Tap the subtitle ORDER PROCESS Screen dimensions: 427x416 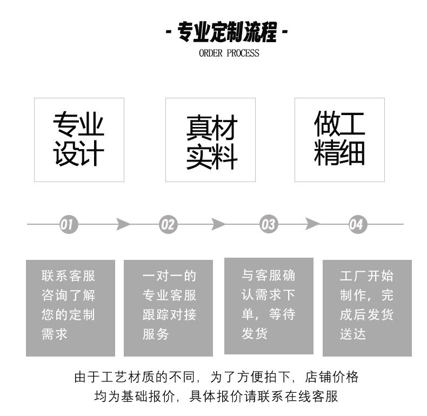(229, 53)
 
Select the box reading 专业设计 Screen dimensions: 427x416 (79, 139)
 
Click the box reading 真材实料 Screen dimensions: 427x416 (211, 139)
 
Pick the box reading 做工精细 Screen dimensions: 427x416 (339, 139)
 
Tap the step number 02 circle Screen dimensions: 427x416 (168, 224)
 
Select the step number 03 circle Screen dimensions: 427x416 (268, 224)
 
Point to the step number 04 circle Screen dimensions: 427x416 (356, 224)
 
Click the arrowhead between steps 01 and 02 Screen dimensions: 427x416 (123, 224)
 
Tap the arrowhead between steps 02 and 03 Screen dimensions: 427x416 (218, 224)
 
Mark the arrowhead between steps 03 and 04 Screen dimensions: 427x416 (312, 224)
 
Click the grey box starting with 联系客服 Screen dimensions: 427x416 (70, 308)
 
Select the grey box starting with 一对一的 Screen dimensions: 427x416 (169, 308)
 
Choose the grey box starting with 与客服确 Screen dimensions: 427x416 (269, 306)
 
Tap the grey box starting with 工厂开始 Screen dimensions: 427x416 (367, 308)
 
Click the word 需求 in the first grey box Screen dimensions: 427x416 (55, 334)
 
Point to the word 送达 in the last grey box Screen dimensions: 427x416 (353, 334)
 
